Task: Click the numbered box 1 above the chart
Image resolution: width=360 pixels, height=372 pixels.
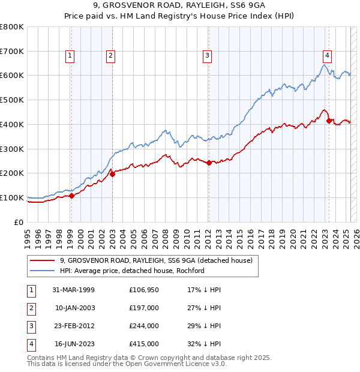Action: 71,56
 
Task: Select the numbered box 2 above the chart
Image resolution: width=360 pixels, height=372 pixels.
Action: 111,56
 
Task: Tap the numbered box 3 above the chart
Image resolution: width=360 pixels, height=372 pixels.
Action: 207,56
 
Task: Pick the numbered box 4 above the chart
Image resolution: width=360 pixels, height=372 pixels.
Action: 327,56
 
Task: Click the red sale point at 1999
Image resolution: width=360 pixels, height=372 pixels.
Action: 71,196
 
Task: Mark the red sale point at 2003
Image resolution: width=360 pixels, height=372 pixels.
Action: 112,174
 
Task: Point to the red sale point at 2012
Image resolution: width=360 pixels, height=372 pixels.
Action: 208,163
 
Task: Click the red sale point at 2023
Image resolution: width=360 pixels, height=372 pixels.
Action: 329,121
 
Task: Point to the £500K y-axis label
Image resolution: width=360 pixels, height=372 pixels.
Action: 12,100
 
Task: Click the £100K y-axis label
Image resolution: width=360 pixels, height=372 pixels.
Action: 12,197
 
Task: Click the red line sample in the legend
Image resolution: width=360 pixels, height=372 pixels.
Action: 42,260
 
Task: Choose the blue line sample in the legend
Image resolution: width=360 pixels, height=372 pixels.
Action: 42,271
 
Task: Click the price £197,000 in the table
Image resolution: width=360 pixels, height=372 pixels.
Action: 143,308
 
